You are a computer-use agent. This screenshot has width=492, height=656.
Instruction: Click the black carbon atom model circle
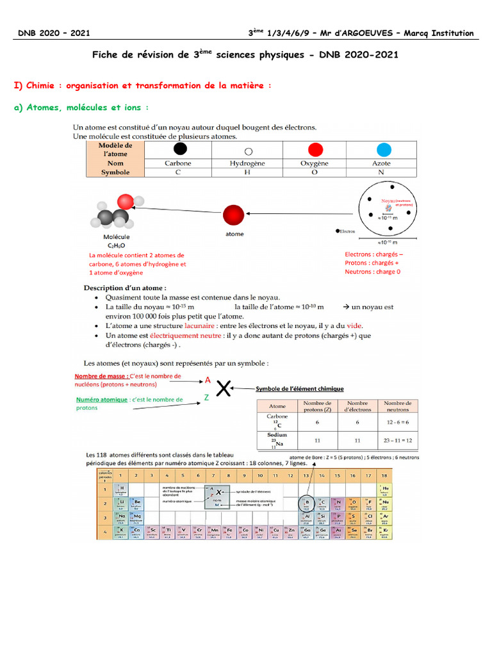click(x=181, y=149)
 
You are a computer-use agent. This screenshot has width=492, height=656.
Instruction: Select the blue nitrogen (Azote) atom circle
click(x=384, y=150)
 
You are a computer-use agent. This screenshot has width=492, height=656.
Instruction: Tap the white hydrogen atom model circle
click(x=248, y=151)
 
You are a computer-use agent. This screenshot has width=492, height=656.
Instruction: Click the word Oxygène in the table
click(x=315, y=163)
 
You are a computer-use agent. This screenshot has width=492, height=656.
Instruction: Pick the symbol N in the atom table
click(x=381, y=172)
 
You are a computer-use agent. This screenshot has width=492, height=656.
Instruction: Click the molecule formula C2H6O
click(x=117, y=244)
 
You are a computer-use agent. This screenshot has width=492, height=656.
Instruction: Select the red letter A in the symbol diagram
click(x=208, y=379)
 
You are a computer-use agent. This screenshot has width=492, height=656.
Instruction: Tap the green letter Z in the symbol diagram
click(x=206, y=397)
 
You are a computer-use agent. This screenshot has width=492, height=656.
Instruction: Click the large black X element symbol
click(x=224, y=389)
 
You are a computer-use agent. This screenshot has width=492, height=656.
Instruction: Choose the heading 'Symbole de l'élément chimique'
click(x=300, y=388)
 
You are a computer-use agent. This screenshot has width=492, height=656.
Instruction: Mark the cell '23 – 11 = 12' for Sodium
click(x=398, y=441)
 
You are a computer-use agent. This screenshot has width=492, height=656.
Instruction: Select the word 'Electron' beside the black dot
click(x=347, y=231)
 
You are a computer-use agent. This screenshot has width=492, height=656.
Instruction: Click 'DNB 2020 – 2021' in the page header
click(x=54, y=33)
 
